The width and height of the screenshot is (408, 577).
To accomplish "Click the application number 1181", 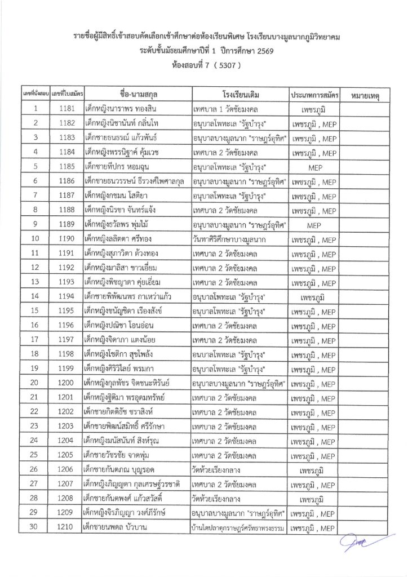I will pos(65,108).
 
